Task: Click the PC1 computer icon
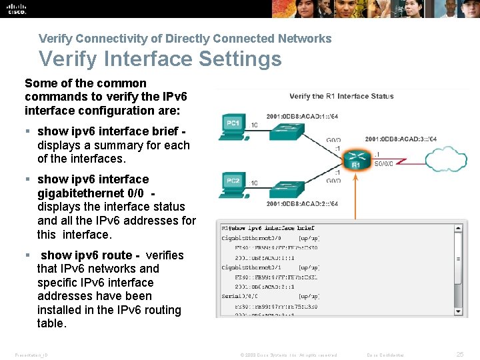pyautogui.click(x=233, y=126)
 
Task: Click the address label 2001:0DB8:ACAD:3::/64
pyautogui.click(x=401, y=139)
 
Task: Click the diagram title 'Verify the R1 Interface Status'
pyautogui.click(x=341, y=97)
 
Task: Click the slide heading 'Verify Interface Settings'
pyautogui.click(x=160, y=59)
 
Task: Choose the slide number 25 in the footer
pyautogui.click(x=459, y=355)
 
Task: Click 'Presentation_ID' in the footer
pyautogui.click(x=31, y=355)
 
